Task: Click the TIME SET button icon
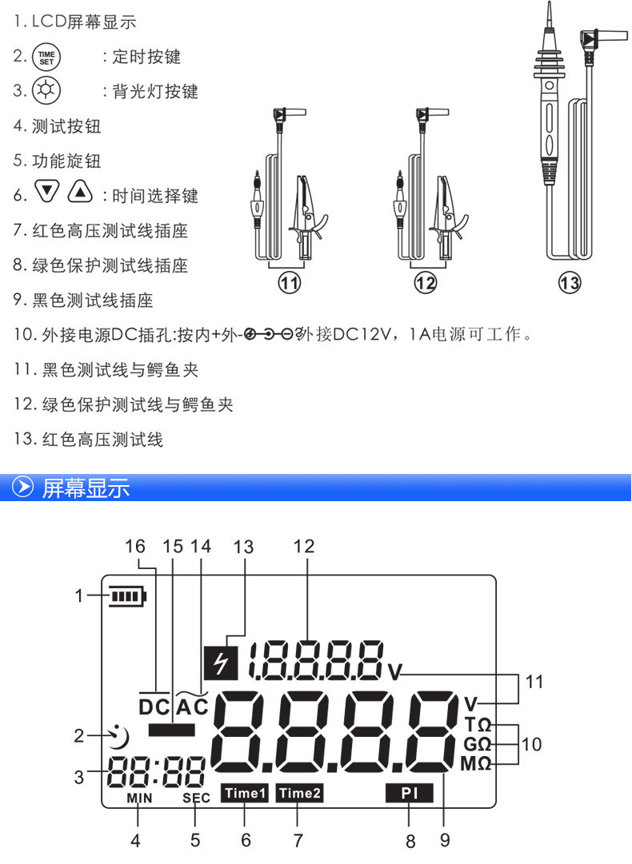coord(46,58)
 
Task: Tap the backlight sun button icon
coord(46,90)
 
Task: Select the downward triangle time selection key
coord(47,191)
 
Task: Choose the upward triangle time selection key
coord(81,191)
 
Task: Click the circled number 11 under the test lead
coord(289,283)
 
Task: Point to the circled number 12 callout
coord(425,283)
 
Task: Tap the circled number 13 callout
coord(570,283)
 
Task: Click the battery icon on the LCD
coord(128,596)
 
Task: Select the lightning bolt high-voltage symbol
coord(221,662)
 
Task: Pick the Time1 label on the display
coord(244,793)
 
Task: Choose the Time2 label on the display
coord(299,793)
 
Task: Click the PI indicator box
coord(410,793)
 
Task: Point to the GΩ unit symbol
coord(477,744)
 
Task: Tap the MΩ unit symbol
coord(476,764)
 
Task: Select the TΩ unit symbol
coord(478,724)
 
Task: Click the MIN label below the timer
coord(139,798)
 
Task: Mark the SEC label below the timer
coord(196,798)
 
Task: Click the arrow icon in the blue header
coord(22,487)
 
